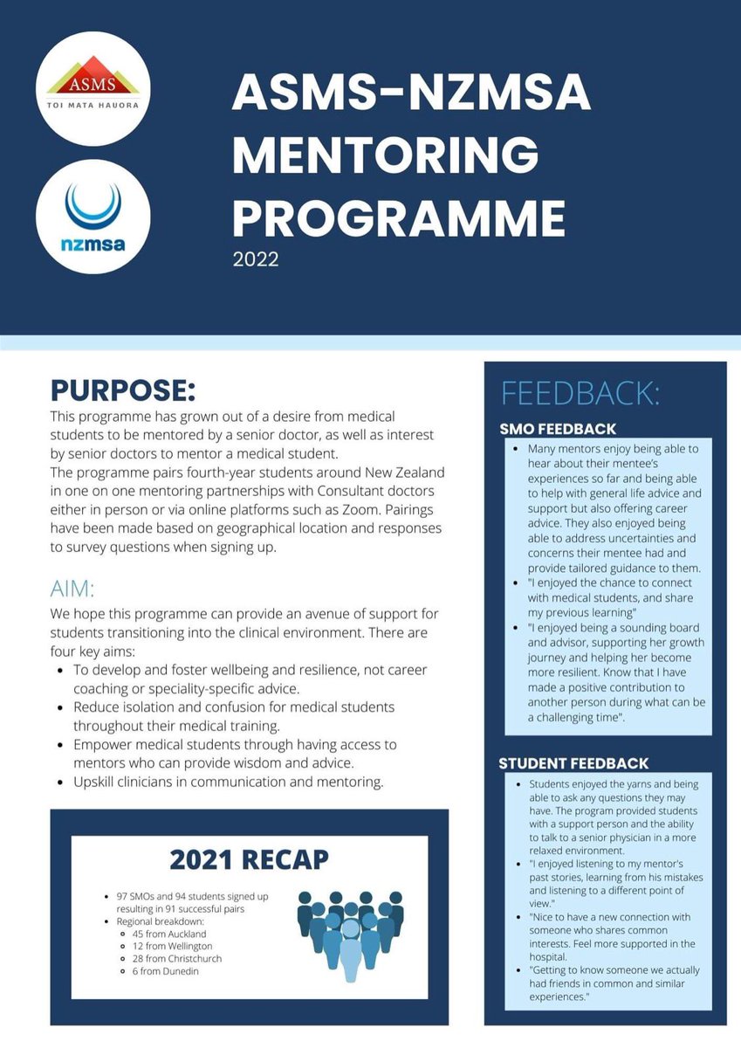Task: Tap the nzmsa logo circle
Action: tap(93, 216)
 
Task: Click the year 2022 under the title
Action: tap(255, 259)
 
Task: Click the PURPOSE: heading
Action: tap(123, 389)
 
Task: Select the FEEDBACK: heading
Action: tap(580, 394)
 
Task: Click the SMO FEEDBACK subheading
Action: tap(558, 429)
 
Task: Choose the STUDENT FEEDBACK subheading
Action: tap(573, 763)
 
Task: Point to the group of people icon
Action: tap(350, 929)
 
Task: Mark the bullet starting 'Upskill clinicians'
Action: tap(229, 782)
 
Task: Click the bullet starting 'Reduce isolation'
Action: tap(234, 706)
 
